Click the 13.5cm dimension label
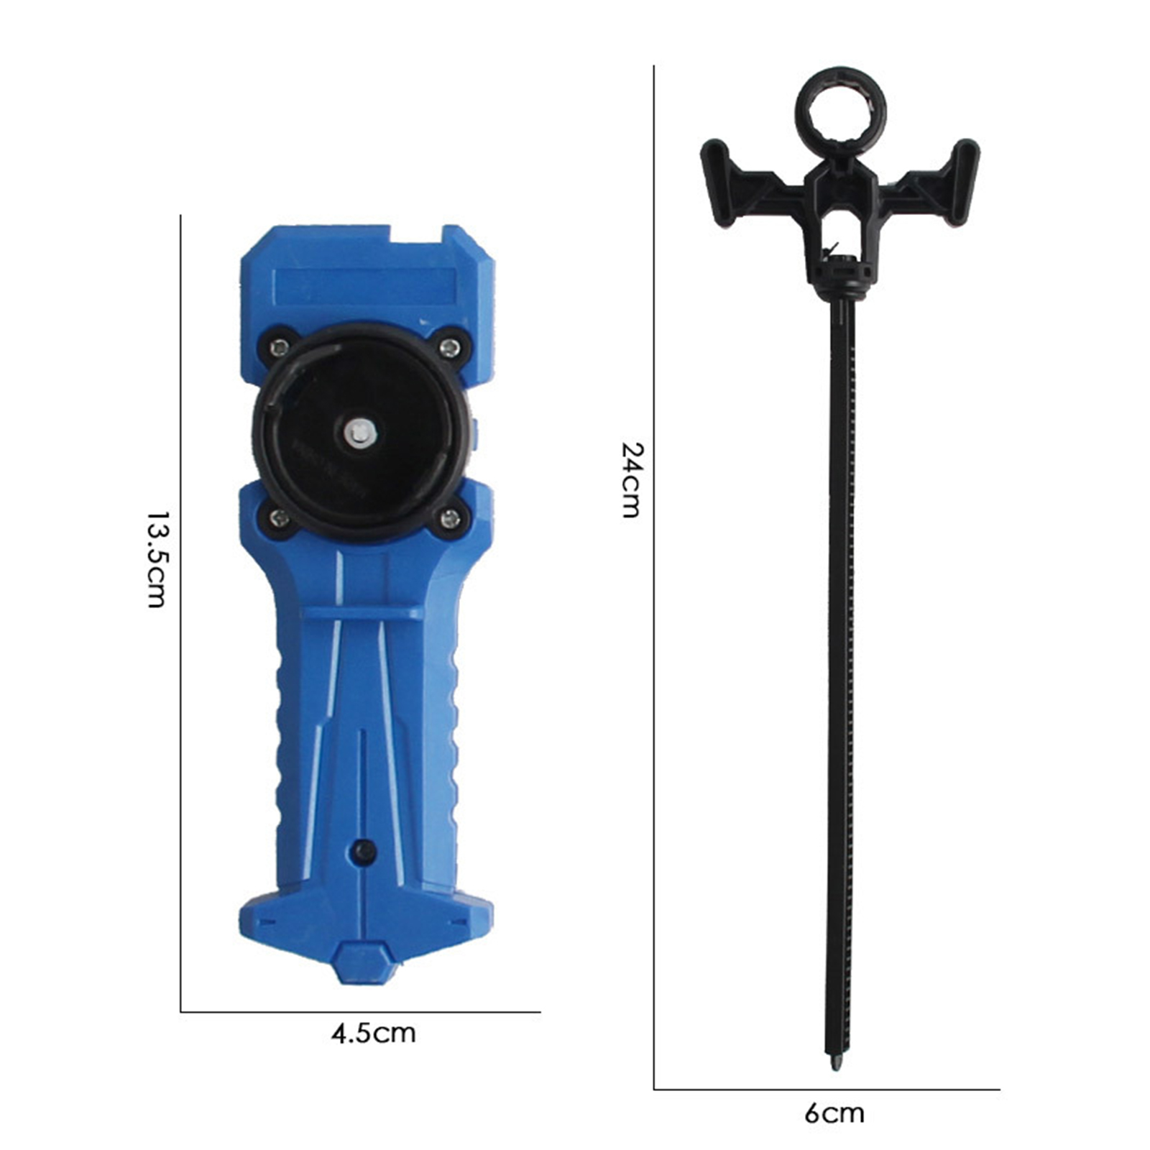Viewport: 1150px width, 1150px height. pyautogui.click(x=157, y=560)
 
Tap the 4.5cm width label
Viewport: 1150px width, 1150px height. pyautogui.click(x=373, y=1033)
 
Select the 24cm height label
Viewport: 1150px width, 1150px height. pyautogui.click(x=631, y=479)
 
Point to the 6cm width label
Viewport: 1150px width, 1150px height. pyautogui.click(x=834, y=1113)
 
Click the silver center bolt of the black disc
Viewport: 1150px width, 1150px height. pyautogui.click(x=358, y=432)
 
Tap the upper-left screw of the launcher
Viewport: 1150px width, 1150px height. pyautogui.click(x=278, y=348)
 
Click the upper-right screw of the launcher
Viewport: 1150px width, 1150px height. pyautogui.click(x=450, y=348)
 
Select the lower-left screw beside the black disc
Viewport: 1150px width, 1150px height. pyautogui.click(x=279, y=517)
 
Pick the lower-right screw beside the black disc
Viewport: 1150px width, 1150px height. pyautogui.click(x=450, y=516)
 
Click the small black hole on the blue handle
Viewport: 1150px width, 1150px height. pyautogui.click(x=364, y=852)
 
